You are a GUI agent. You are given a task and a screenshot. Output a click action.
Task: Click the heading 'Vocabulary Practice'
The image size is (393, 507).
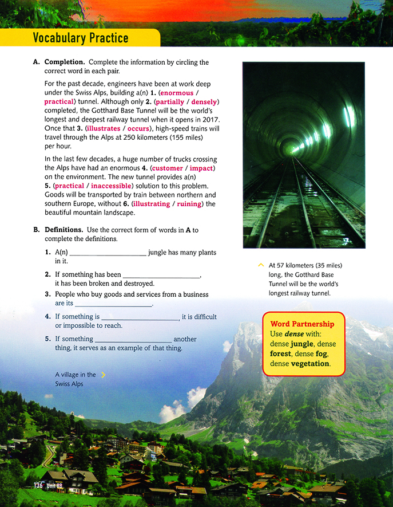coord(81,38)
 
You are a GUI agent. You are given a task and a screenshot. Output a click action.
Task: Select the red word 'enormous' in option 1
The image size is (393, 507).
coord(177,93)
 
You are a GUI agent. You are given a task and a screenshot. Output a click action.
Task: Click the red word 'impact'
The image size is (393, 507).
coord(201,168)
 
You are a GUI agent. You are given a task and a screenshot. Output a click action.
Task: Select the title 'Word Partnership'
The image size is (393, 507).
coord(302,324)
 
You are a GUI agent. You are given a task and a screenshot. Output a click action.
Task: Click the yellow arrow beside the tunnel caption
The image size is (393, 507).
coord(261,265)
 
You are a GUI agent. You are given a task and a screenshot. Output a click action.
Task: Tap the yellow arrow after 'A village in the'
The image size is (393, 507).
coord(103,375)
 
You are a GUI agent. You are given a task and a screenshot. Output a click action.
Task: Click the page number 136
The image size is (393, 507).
coord(38,485)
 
